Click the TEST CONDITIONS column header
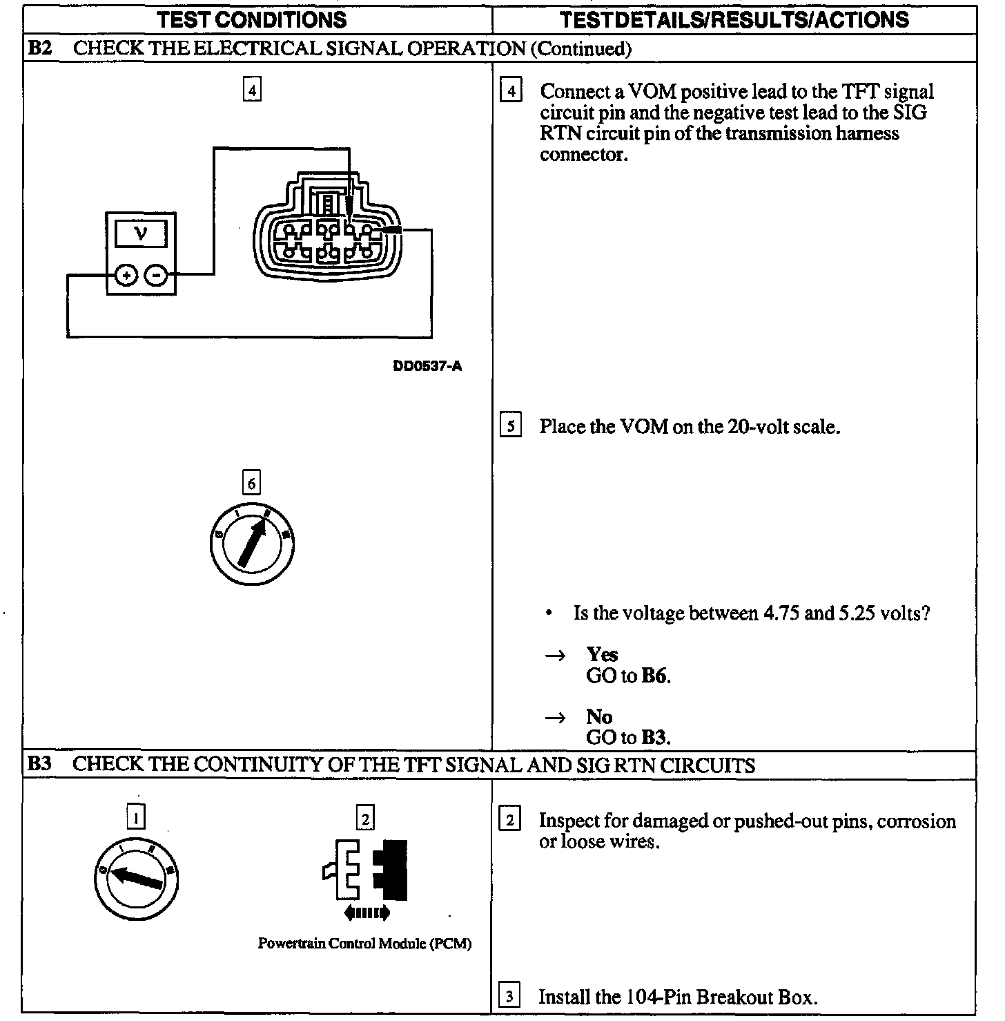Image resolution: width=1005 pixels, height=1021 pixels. coord(252,19)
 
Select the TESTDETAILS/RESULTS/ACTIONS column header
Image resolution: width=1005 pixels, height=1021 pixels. coord(734,19)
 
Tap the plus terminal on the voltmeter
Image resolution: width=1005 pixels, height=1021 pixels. coord(126,276)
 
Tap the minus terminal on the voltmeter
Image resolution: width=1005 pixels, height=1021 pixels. coord(157,276)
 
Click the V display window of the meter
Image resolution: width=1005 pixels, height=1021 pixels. coord(141,233)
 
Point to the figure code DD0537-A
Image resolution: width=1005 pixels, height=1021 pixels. coord(427,366)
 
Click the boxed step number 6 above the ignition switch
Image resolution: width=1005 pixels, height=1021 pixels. coord(251,484)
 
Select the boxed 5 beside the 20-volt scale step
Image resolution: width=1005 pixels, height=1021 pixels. coord(510,426)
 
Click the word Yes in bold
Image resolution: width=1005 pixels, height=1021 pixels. coord(602,654)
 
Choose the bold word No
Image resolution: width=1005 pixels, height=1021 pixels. coord(599,716)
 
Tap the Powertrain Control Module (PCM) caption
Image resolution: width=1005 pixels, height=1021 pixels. coord(364,944)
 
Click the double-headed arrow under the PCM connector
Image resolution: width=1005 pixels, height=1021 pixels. coord(367,913)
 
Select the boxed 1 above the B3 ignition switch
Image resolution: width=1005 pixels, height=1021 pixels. coord(137,819)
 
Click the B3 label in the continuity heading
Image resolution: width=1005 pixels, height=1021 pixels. coord(39,765)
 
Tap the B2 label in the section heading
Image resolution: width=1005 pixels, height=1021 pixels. coord(39,49)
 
